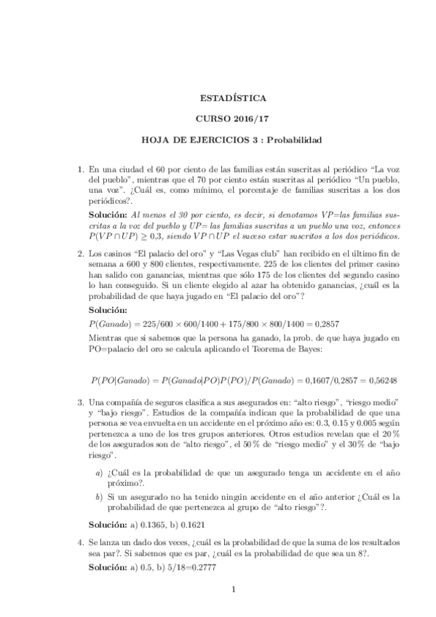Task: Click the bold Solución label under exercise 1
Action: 108,217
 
